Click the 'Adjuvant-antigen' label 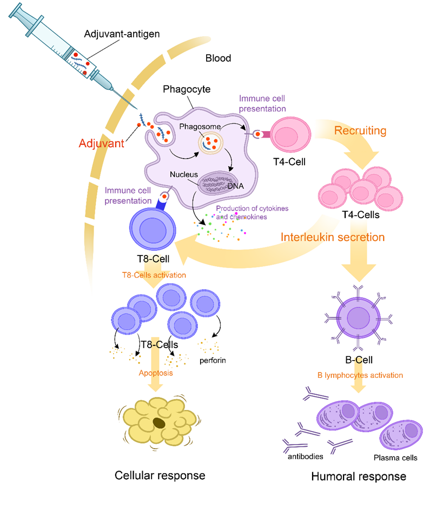coord(122,34)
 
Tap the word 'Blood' coord(218,58)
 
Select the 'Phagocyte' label coord(187,89)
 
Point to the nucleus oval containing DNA coord(217,184)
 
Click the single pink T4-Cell coord(290,134)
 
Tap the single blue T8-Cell coord(153,229)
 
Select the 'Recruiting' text coord(360,130)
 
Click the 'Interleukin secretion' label coord(333,237)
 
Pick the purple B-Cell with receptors coord(358,318)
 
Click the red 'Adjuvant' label coord(101,143)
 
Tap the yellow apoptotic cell coord(159,422)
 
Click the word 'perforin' coord(213,360)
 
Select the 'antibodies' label coord(305,456)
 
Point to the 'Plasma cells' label coord(395,458)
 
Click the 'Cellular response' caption coord(160,475)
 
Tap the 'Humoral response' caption coord(359,477)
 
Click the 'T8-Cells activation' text coord(154,275)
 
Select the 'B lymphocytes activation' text coord(360,375)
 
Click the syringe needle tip coord(137,109)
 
